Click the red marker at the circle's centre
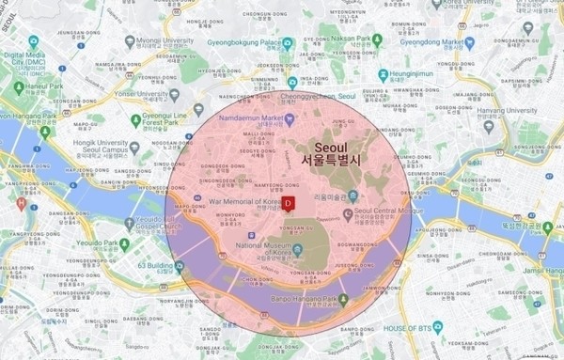(290, 202)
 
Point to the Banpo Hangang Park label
(303, 302)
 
